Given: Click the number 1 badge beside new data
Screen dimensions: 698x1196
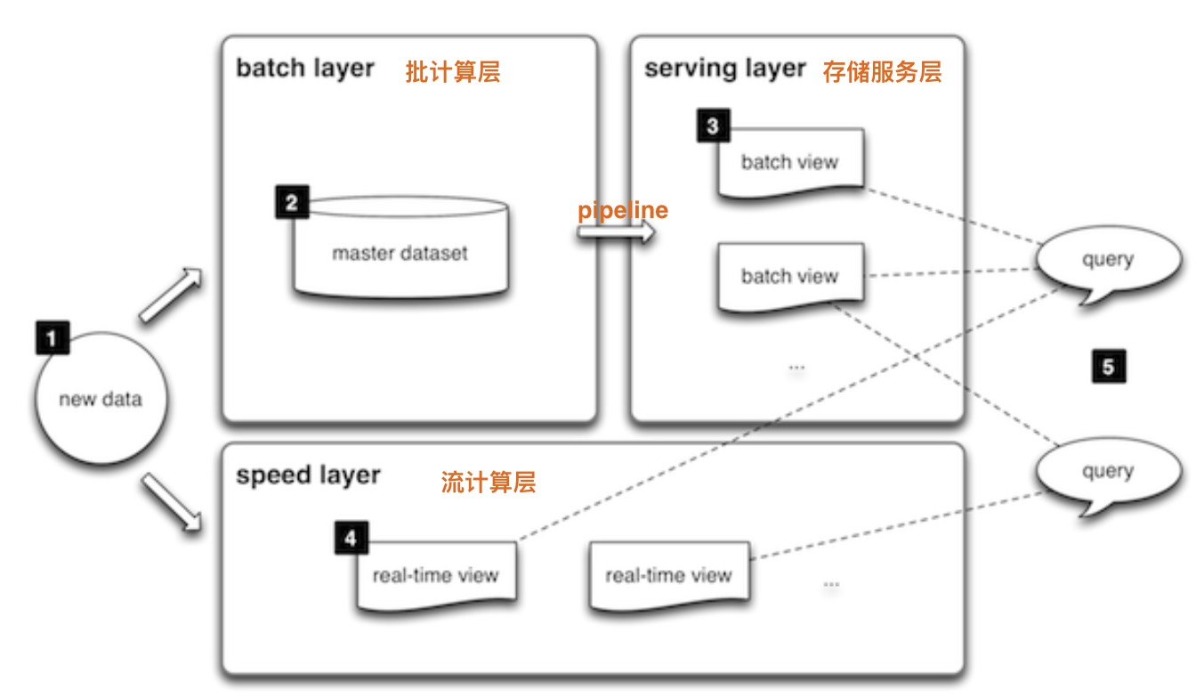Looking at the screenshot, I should pos(52,338).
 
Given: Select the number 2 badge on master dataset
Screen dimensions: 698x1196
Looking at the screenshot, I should pos(291,202).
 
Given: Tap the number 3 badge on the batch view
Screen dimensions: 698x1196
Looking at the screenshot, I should pos(712,126).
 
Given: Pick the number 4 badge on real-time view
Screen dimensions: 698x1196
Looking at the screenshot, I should pos(352,539).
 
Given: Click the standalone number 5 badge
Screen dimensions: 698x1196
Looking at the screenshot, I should pos(1108,366).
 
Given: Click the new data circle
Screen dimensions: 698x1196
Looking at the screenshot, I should pos(100,399).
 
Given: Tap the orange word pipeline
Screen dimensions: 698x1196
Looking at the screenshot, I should pos(623,211).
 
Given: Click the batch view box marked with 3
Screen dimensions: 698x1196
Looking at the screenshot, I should pos(790,161).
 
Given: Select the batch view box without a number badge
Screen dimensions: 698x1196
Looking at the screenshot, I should pos(790,276).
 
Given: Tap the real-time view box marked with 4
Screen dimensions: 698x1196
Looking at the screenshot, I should pos(436,575).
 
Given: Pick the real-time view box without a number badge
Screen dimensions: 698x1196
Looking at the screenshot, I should pos(668,576).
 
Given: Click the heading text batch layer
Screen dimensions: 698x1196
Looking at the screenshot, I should pos(305,69).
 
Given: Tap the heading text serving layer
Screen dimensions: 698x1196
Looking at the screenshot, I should pos(725,69).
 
